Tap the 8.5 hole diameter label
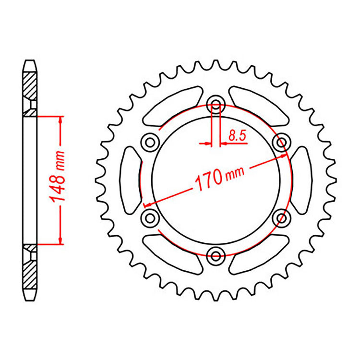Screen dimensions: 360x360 [x=237, y=136]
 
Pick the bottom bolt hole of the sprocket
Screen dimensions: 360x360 [x=216, y=254]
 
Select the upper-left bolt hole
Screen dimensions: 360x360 [x=151, y=141]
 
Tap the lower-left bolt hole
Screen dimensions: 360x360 [x=151, y=216]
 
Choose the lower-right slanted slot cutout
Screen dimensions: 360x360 [x=260, y=252]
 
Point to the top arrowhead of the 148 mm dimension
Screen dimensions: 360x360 [x=60, y=120]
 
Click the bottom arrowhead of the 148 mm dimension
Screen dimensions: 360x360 [x=60, y=240]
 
